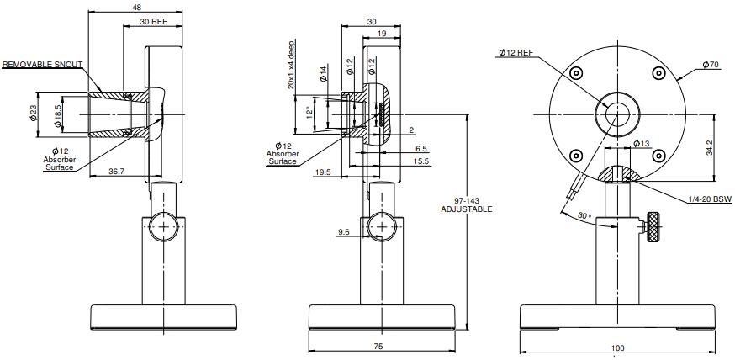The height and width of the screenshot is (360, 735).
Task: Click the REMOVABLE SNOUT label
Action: click(42, 64)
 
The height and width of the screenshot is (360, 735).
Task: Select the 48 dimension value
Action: click(136, 7)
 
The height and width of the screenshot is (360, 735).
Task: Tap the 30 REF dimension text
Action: click(153, 22)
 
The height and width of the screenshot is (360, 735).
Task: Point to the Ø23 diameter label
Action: click(34, 114)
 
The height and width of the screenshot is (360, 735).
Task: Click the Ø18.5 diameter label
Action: click(58, 116)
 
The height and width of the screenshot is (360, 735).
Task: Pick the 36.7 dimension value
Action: click(116, 172)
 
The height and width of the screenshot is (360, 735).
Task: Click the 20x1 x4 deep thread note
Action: click(291, 65)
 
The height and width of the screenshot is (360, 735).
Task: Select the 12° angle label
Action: click(309, 113)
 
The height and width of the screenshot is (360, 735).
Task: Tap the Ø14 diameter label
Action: click(324, 73)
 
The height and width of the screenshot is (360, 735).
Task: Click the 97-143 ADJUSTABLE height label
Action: click(467, 205)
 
